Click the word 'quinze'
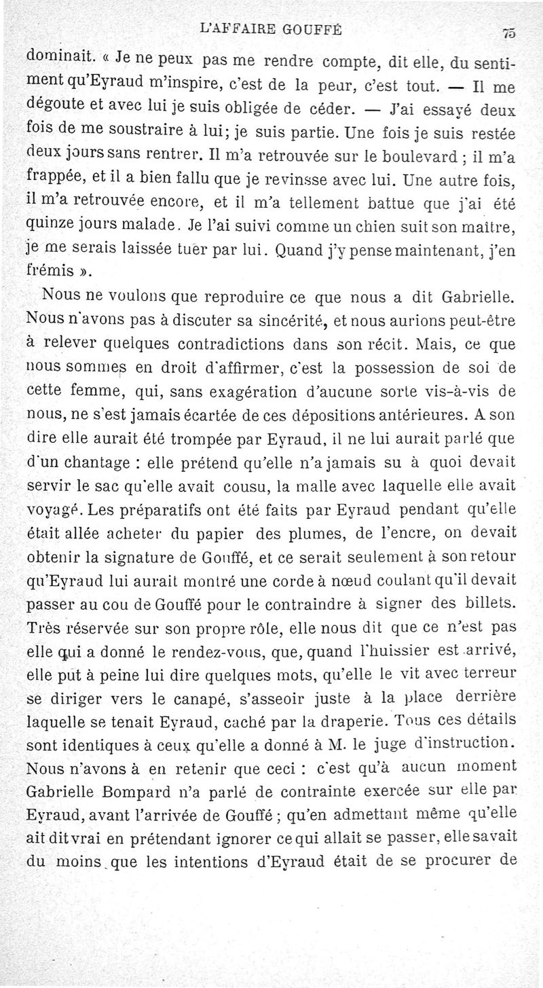50,225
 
